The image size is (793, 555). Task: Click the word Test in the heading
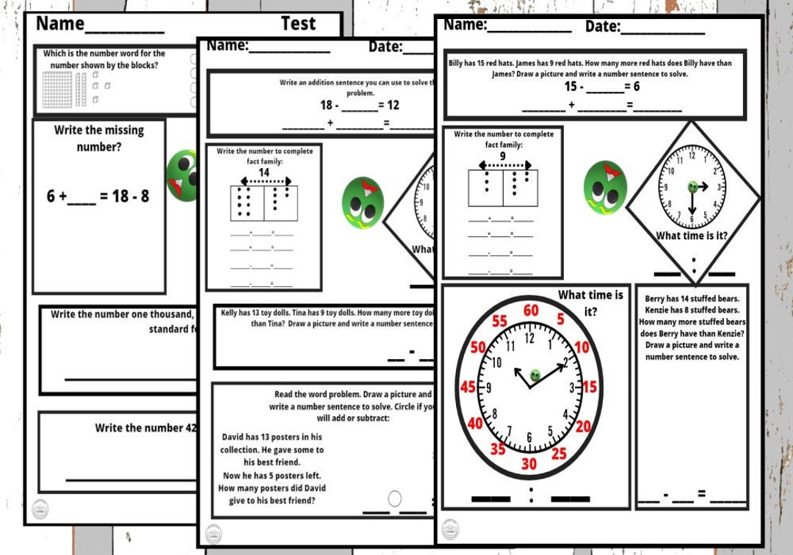click(298, 23)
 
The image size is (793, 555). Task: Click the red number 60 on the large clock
click(530, 311)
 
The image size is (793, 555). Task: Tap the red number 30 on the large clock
click(529, 464)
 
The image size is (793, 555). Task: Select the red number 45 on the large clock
click(468, 387)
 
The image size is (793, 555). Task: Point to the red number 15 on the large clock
click(590, 388)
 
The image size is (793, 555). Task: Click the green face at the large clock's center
click(535, 375)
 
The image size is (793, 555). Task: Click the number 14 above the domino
click(264, 172)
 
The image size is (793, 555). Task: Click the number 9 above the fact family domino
click(503, 156)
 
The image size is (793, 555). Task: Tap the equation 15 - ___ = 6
click(601, 87)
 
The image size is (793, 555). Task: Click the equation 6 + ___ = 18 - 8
click(98, 196)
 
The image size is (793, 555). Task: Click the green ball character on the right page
click(604, 187)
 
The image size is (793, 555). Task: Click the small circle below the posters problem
click(394, 498)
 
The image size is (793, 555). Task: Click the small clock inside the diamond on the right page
click(691, 186)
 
